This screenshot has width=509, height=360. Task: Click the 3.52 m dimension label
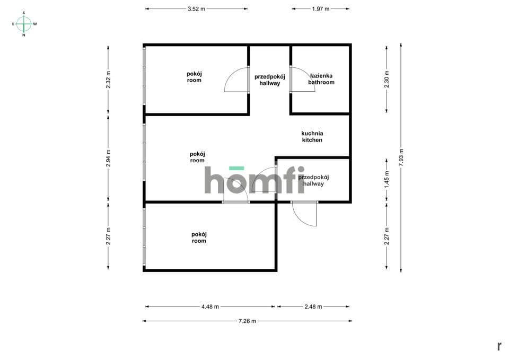coord(196,9)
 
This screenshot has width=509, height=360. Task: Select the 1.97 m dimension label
coord(321,9)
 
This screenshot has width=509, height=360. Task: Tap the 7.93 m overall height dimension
coord(401,158)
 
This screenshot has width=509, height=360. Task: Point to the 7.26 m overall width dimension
coord(248,321)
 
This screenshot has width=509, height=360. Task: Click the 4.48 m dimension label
coord(210,306)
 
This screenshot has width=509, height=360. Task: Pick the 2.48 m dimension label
coord(313,306)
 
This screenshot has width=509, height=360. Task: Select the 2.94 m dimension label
coord(108,158)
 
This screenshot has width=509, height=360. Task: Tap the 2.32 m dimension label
coord(108,80)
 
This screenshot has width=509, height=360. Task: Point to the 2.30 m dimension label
coord(387,79)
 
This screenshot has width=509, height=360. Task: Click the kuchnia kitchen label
coord(312,137)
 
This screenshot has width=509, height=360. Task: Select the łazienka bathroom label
coord(321,79)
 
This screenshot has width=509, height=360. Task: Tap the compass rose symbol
coord(24,24)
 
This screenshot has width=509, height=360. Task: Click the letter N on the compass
coord(24,36)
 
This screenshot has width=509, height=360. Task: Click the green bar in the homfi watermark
coord(236,168)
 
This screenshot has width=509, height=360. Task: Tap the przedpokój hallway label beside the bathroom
coord(270,80)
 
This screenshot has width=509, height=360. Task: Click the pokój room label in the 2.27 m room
coord(199,238)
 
